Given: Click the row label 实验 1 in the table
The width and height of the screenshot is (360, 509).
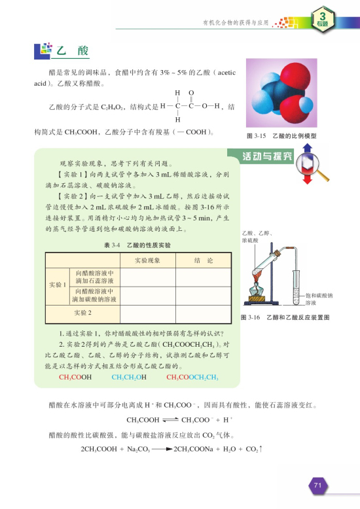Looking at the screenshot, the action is (x=57, y=285).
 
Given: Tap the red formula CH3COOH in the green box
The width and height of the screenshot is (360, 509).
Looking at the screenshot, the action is (x=75, y=377).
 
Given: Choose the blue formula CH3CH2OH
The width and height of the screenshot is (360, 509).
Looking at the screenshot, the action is (x=129, y=377).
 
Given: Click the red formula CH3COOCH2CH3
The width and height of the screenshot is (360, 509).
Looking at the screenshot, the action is (x=192, y=377).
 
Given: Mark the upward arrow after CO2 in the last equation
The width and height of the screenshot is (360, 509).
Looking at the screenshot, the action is (x=261, y=449).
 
